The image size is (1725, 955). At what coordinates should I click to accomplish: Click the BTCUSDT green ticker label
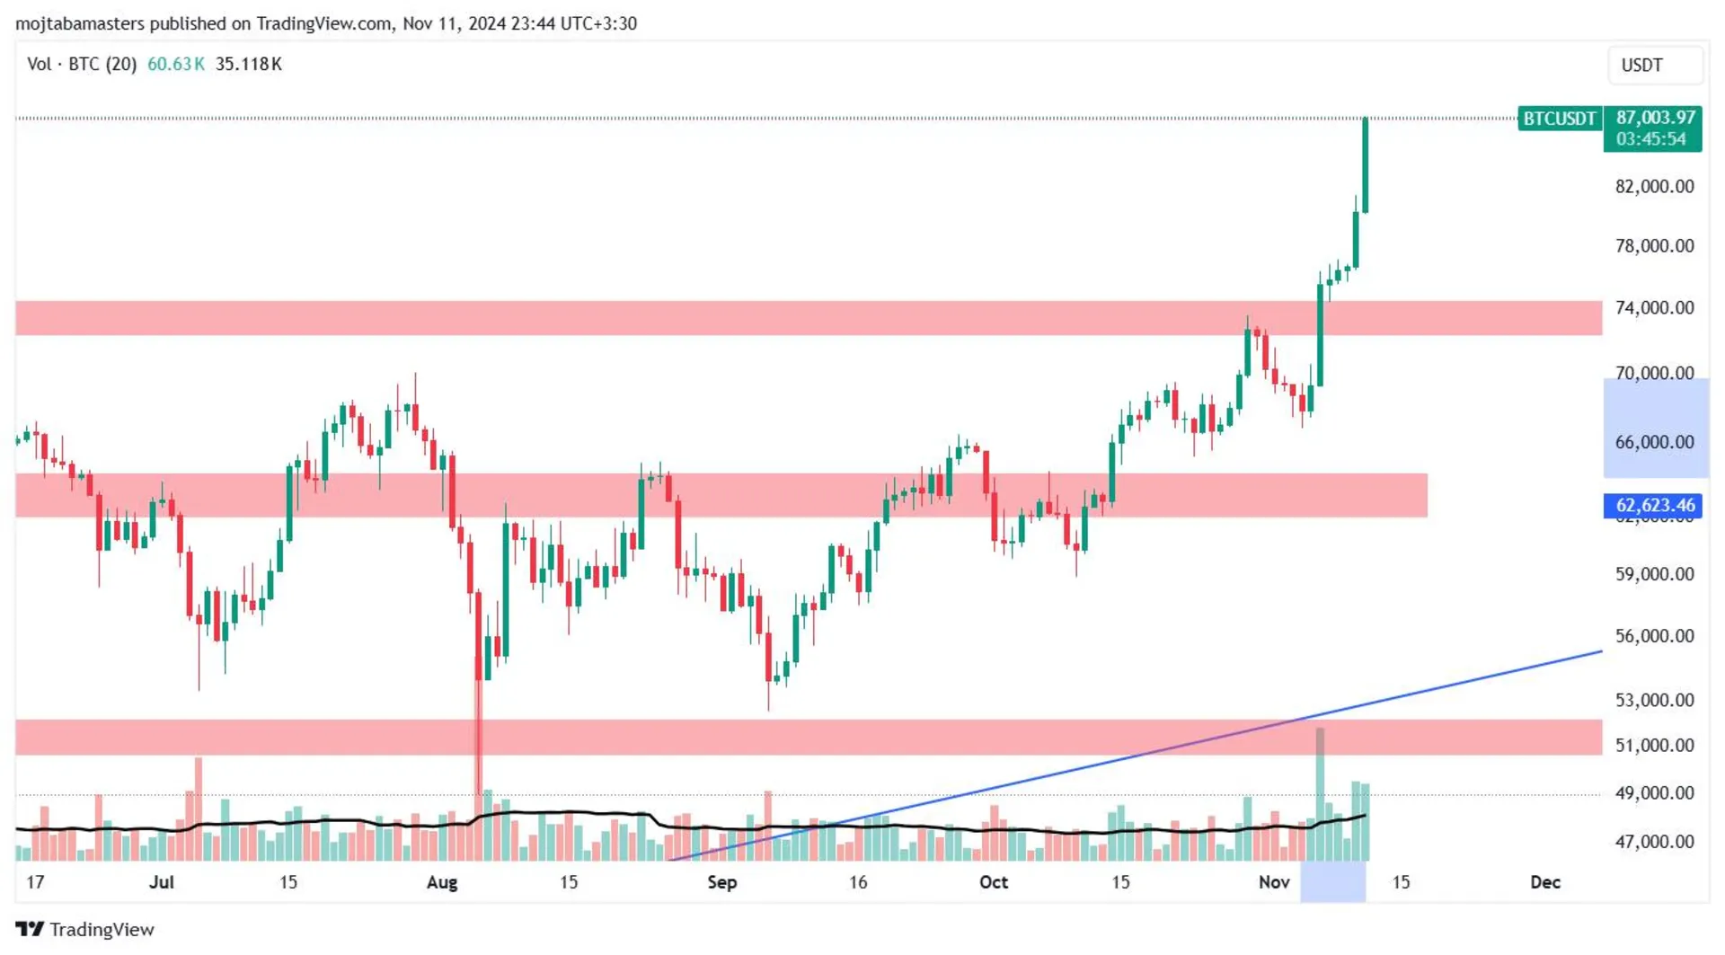pyautogui.click(x=1559, y=119)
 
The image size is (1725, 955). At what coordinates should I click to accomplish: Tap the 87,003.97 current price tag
pyautogui.click(x=1655, y=118)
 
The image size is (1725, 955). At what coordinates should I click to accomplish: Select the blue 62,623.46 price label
pyautogui.click(x=1655, y=506)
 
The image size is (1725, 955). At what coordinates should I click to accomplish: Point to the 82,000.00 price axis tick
pyautogui.click(x=1654, y=187)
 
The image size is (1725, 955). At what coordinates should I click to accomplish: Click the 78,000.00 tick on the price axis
pyautogui.click(x=1654, y=246)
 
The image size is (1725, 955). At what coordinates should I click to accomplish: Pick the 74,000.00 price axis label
pyautogui.click(x=1654, y=308)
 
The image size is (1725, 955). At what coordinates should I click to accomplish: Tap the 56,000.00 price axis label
pyautogui.click(x=1654, y=636)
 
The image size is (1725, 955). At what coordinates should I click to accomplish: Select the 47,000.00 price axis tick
pyautogui.click(x=1654, y=842)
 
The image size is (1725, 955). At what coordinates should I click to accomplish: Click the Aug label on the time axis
pyautogui.click(x=442, y=882)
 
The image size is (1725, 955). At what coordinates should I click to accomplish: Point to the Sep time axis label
pyautogui.click(x=722, y=882)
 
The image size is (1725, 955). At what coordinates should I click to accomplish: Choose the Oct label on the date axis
pyautogui.click(x=994, y=882)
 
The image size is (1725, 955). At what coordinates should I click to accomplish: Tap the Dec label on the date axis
pyautogui.click(x=1544, y=882)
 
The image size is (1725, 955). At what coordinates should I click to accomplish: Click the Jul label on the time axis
pyautogui.click(x=162, y=882)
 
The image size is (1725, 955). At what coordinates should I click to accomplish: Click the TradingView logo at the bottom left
pyautogui.click(x=85, y=930)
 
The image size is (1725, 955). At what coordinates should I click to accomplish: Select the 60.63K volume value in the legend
pyautogui.click(x=176, y=65)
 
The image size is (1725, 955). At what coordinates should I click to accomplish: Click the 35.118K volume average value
pyautogui.click(x=249, y=65)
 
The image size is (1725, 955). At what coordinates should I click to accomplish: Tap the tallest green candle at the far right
pyautogui.click(x=1366, y=166)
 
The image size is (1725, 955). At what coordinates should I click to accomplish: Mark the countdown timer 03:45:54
pyautogui.click(x=1650, y=139)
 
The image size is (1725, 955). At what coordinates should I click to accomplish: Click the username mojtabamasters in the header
pyautogui.click(x=80, y=24)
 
